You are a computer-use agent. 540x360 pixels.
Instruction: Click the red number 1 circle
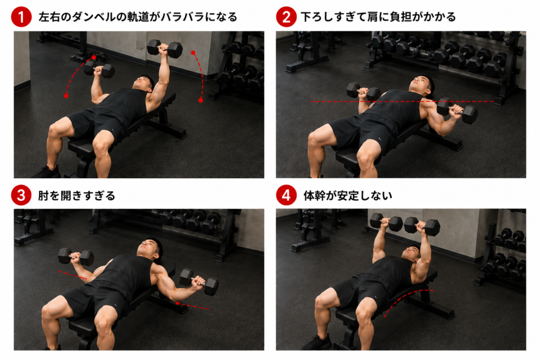pyautogui.click(x=21, y=17)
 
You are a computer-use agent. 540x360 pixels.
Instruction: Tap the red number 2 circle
pyautogui.click(x=286, y=17)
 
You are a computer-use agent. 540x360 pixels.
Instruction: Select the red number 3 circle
pyautogui.click(x=21, y=196)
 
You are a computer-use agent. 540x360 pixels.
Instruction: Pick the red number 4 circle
pyautogui.click(x=286, y=196)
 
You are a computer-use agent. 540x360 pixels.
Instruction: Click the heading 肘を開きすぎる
pyautogui.click(x=76, y=196)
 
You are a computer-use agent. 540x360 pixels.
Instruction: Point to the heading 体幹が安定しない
pyautogui.click(x=348, y=196)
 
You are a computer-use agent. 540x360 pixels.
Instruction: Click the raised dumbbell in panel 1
pyautogui.click(x=165, y=48)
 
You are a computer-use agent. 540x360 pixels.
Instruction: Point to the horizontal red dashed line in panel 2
pyautogui.click(x=402, y=102)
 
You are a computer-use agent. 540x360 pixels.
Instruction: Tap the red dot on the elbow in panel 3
pyautogui.click(x=177, y=303)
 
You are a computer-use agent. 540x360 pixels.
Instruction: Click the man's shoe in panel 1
pyautogui.click(x=47, y=172)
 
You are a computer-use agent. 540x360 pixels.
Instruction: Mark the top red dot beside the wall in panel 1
pyautogui.click(x=193, y=53)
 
